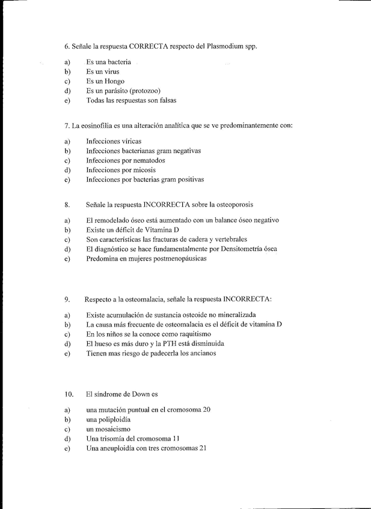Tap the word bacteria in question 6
[x=117, y=62]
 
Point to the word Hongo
[x=114, y=81]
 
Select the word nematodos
[x=147, y=160]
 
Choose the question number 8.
[x=67, y=205]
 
